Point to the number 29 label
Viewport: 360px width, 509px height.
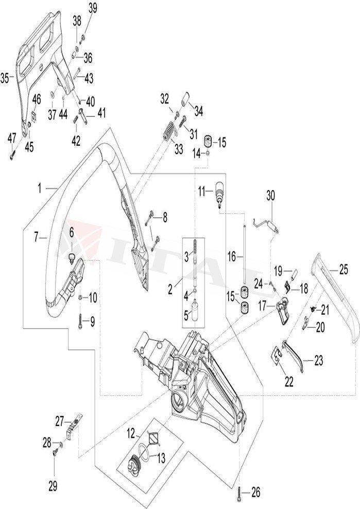coord(53,485)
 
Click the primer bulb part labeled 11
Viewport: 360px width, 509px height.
coord(219,193)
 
